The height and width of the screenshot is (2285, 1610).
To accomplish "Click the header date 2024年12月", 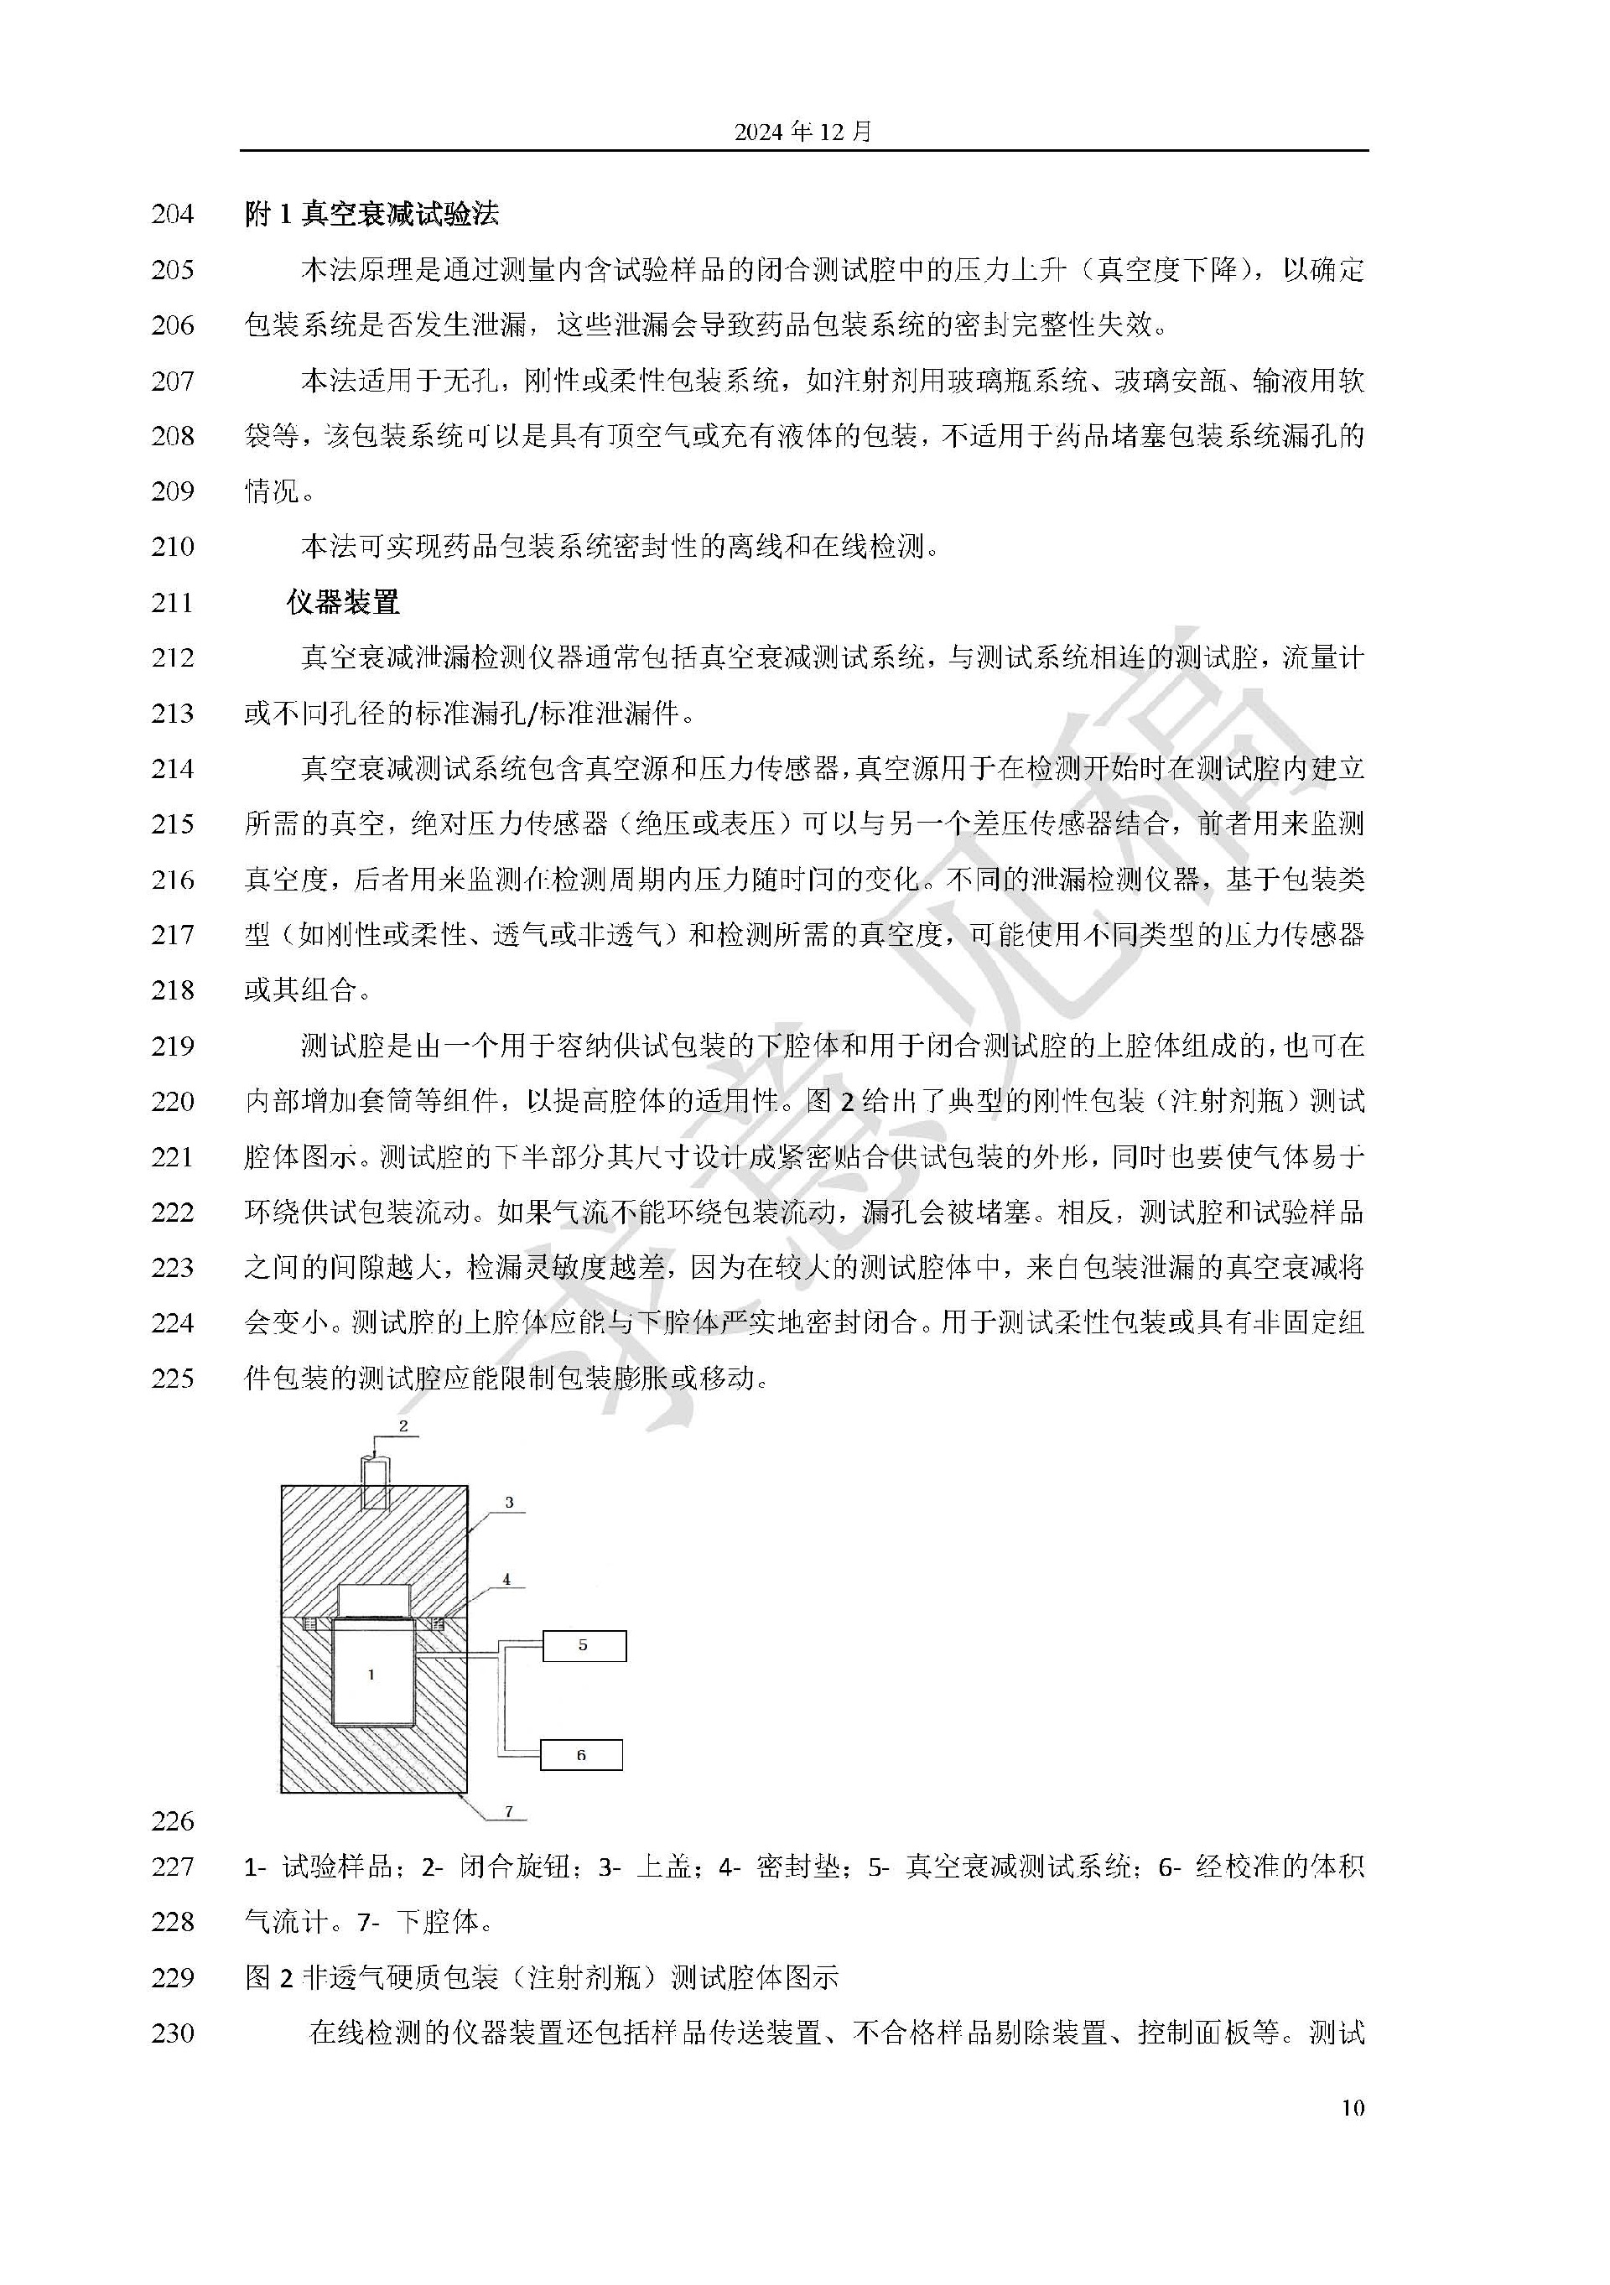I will pos(803,132).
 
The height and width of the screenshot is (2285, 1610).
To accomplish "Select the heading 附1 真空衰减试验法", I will pos(371,214).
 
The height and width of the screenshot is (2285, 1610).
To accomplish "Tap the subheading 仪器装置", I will pos(342,602).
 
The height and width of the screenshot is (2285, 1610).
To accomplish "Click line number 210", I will pos(172,547).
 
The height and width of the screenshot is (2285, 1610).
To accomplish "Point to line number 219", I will pos(172,1046).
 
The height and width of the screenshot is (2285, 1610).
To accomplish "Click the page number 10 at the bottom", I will pos(1353,2107).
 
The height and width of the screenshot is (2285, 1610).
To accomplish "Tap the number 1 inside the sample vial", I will pos(371,1675).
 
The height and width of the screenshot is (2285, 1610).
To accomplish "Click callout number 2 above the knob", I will pos(404,1426).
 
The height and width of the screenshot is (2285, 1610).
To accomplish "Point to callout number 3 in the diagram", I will pos(510,1502).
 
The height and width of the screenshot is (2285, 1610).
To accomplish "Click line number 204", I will pos(172,214).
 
